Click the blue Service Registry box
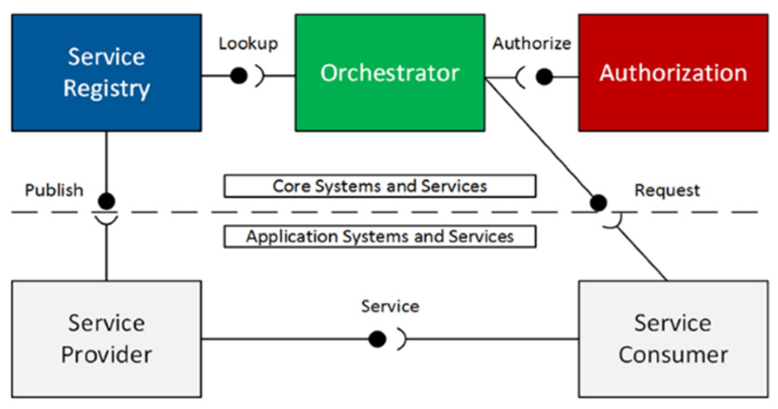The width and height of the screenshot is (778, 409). (x=106, y=73)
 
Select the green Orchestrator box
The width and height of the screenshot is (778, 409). (x=390, y=73)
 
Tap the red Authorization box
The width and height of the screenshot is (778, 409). (x=673, y=73)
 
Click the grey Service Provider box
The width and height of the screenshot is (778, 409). (x=106, y=339)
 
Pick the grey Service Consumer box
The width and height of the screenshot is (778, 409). (x=673, y=339)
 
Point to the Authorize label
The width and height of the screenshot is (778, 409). (x=532, y=43)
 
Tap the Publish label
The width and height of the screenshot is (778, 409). (x=54, y=190)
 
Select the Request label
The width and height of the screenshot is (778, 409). (x=667, y=190)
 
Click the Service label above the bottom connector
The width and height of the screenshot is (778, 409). (x=390, y=306)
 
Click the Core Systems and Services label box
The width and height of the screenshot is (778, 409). (x=380, y=186)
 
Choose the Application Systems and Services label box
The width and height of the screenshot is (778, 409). (x=380, y=237)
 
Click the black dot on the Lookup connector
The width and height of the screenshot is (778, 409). (x=239, y=75)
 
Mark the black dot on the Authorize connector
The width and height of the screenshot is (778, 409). (x=544, y=76)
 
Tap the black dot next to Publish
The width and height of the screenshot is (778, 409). (x=106, y=201)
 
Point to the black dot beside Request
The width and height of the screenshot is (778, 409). (x=598, y=202)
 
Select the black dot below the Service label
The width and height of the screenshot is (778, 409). (x=378, y=339)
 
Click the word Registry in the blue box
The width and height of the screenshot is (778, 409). (x=106, y=89)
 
